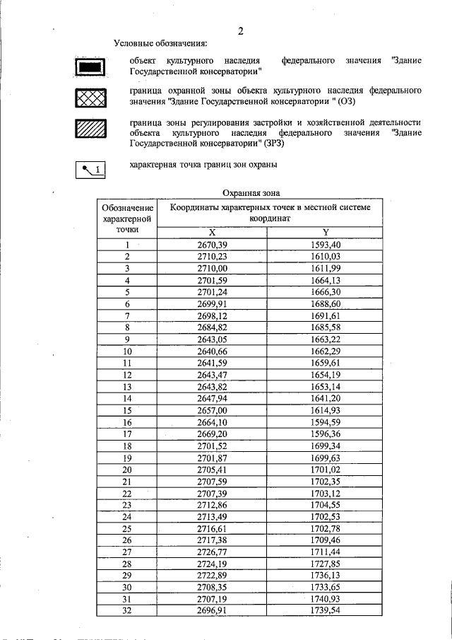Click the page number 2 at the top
[x=241, y=30]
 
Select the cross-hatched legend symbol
[x=90, y=98]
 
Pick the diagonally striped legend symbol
[x=90, y=128]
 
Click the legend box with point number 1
[x=90, y=168]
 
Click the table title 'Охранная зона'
[x=251, y=192]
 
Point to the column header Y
[x=326, y=233]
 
